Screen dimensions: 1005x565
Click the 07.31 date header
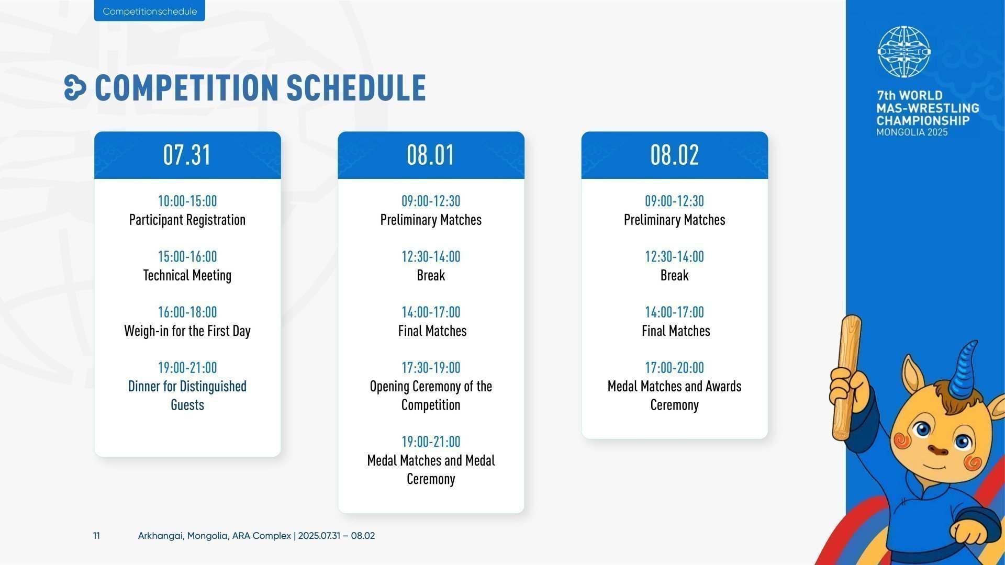pyautogui.click(x=187, y=155)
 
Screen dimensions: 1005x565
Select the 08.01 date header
pyautogui.click(x=431, y=155)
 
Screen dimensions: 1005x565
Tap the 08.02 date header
pyautogui.click(x=675, y=155)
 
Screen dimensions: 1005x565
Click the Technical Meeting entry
pyautogui.click(x=187, y=275)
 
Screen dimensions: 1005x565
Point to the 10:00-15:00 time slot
pyautogui.click(x=187, y=201)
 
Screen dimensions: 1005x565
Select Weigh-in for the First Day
pyautogui.click(x=187, y=331)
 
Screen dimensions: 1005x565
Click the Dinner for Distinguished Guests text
pyautogui.click(x=187, y=395)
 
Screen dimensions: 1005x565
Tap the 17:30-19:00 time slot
pyautogui.click(x=431, y=367)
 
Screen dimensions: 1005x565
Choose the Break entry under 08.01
pyautogui.click(x=431, y=275)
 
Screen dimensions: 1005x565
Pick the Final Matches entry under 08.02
pyautogui.click(x=676, y=331)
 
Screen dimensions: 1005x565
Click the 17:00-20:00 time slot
pyautogui.click(x=675, y=367)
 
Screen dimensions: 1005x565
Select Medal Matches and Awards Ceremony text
pyautogui.click(x=675, y=395)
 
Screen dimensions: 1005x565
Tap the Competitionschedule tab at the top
pyautogui.click(x=150, y=11)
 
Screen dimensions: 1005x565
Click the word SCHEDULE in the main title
pyautogui.click(x=356, y=87)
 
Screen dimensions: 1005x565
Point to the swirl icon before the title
pyautogui.click(x=75, y=87)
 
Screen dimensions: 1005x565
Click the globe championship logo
pyautogui.click(x=904, y=52)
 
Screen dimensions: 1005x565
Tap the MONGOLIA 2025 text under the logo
pyautogui.click(x=912, y=132)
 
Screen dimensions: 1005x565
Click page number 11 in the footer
pyautogui.click(x=96, y=536)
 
